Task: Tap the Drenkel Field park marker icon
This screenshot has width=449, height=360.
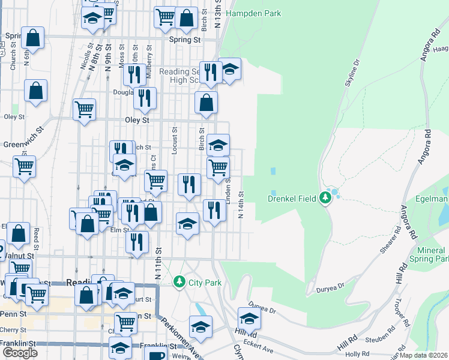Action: pyautogui.click(x=325, y=197)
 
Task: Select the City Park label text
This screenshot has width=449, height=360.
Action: pyautogui.click(x=205, y=282)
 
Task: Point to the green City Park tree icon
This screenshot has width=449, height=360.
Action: pyautogui.click(x=178, y=281)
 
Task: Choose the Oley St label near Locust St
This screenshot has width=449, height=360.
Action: pyautogui.click(x=137, y=120)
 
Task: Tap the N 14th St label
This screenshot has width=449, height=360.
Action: pyautogui.click(x=241, y=205)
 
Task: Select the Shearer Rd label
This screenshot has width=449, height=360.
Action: pyautogui.click(x=391, y=241)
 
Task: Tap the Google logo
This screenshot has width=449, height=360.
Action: pyautogui.click(x=20, y=353)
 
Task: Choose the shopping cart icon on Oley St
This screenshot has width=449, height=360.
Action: pyautogui.click(x=85, y=109)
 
